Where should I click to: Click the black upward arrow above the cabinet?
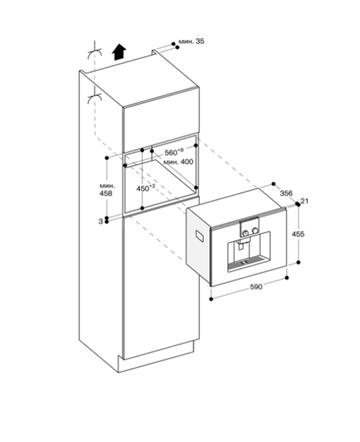[x=119, y=52]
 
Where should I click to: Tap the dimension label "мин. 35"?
[x=191, y=41]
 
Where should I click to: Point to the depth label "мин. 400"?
[x=178, y=162]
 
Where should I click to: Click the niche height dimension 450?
[x=146, y=188]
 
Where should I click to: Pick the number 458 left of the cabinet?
[x=105, y=194]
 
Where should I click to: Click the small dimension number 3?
[x=101, y=222]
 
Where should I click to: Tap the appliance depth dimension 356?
[x=286, y=193]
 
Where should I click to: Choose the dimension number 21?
[x=305, y=201]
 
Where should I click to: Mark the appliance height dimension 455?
[x=298, y=234]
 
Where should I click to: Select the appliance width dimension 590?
[x=256, y=287]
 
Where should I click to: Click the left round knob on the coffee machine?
[x=245, y=233]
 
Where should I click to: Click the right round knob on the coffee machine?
[x=255, y=230]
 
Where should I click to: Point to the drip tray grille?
[x=248, y=262]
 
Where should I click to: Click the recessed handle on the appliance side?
[x=201, y=236]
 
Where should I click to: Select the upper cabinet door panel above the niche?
[x=161, y=119]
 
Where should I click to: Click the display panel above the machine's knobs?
[x=249, y=222]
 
